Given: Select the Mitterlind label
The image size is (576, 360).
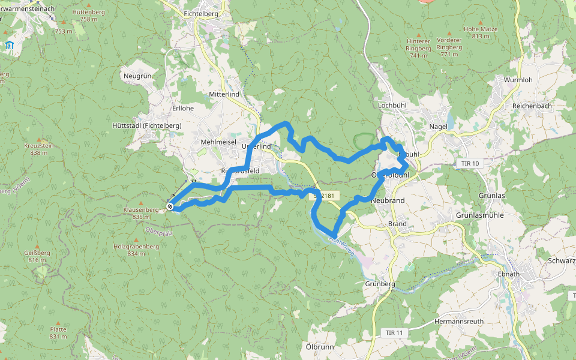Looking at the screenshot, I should (x=224, y=95).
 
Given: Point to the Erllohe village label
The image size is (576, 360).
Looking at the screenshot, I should (x=183, y=109).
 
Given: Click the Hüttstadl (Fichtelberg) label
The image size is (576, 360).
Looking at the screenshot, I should (x=146, y=125).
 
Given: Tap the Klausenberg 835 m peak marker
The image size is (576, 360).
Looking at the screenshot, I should (x=140, y=202).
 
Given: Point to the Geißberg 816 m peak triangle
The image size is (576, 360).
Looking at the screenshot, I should (x=37, y=246).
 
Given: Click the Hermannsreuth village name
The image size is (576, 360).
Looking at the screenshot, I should (x=459, y=322).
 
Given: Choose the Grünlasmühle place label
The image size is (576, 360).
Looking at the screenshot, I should (x=482, y=215).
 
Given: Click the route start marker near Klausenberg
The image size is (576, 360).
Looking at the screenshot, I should (x=170, y=207).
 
